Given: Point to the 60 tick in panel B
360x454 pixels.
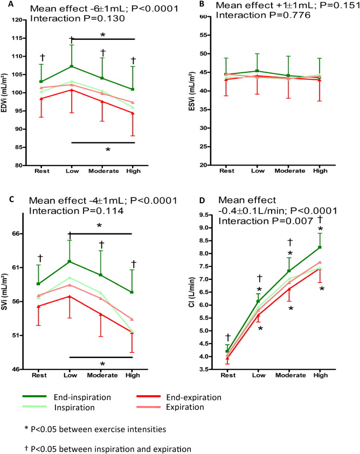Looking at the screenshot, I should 204,17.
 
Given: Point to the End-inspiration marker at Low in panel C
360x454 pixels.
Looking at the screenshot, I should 70,262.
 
